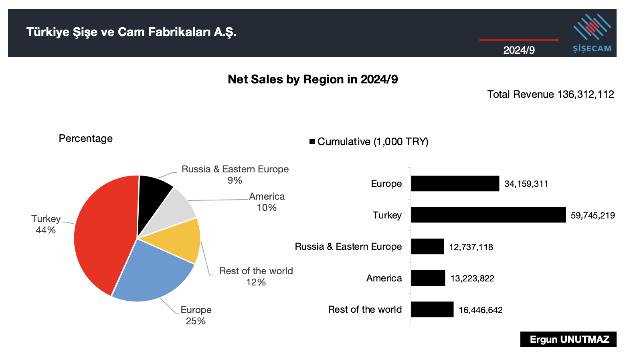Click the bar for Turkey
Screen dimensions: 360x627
coord(488,215)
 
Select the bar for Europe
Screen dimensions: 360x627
coord(455,184)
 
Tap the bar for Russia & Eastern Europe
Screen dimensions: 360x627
coord(427,247)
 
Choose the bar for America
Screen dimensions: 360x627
coord(428,278)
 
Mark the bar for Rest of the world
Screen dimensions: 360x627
coord(432,309)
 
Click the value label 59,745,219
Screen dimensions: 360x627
coord(593,216)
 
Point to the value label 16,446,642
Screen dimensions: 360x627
coord(480,310)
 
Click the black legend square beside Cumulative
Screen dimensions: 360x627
coord(312,142)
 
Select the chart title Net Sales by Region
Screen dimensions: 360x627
coord(313,79)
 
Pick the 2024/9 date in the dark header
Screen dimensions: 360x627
coord(519,50)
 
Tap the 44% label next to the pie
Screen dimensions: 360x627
coord(46,230)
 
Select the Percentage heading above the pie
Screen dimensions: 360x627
coord(85,139)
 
